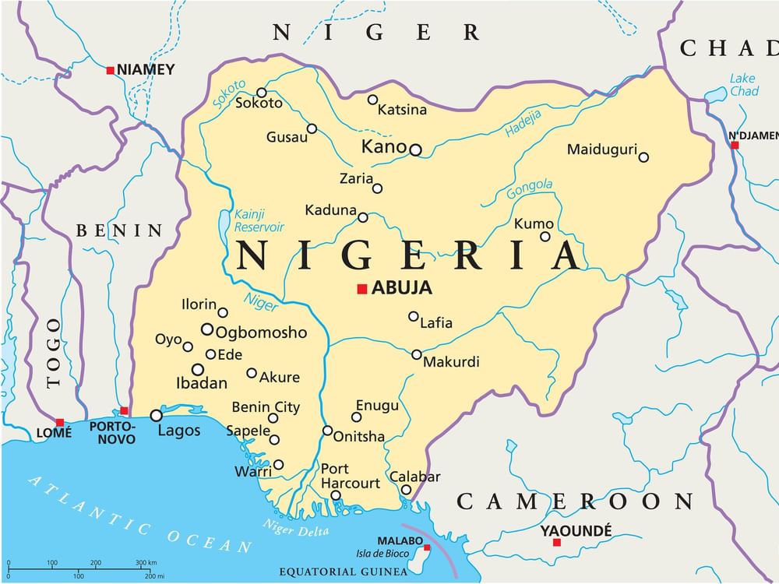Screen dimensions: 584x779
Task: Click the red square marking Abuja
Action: point(361,289)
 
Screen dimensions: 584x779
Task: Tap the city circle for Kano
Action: point(416,150)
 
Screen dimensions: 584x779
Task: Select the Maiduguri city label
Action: point(601,150)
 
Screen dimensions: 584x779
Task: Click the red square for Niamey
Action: point(111,70)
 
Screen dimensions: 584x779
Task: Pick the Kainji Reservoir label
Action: point(259,220)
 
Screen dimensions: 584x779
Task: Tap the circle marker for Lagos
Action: point(157,416)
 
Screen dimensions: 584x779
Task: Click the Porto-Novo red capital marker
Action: point(124,410)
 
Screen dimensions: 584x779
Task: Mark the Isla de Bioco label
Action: point(384,553)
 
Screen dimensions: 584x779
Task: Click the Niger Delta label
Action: point(295,527)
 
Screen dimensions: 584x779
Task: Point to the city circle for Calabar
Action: point(406,490)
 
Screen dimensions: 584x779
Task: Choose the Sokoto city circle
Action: point(262,92)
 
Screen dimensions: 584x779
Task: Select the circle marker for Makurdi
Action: point(417,354)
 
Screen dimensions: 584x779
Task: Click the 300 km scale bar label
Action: point(146,562)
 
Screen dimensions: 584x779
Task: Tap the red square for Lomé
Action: point(60,422)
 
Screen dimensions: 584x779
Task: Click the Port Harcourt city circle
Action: point(336,495)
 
